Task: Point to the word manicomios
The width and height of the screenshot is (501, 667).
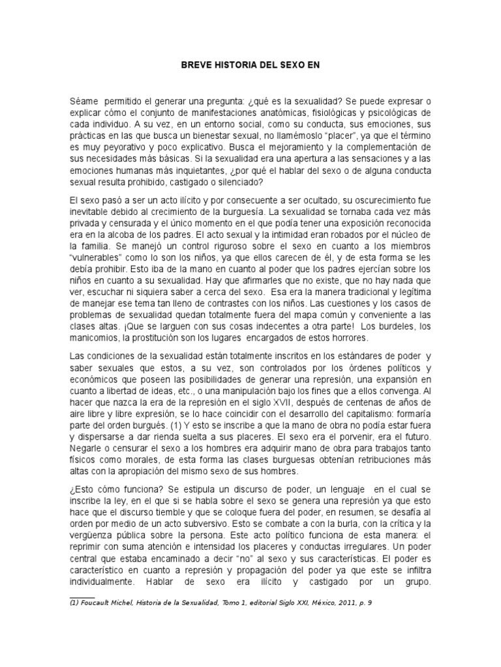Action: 94,338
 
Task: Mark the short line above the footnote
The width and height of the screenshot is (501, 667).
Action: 82,596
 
